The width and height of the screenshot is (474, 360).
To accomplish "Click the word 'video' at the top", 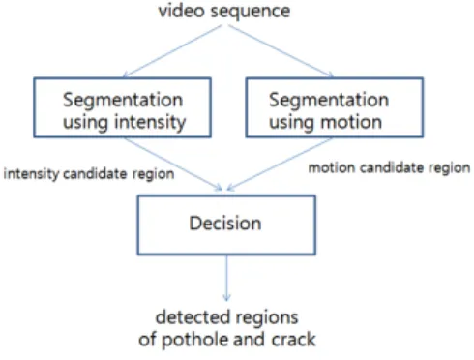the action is click(x=182, y=11).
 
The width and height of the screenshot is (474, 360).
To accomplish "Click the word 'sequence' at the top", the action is click(x=251, y=12).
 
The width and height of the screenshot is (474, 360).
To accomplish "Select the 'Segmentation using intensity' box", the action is click(x=123, y=107).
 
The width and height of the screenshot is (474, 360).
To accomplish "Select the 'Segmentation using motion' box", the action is click(x=335, y=107).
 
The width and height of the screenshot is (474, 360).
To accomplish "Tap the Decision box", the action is click(x=226, y=225).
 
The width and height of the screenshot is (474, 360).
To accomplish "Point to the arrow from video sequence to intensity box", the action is click(x=173, y=51).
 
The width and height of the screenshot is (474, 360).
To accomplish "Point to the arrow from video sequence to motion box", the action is click(x=281, y=51).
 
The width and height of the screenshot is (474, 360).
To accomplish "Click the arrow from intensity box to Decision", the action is click(x=173, y=164).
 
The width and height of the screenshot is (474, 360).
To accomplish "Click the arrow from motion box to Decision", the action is click(x=280, y=164).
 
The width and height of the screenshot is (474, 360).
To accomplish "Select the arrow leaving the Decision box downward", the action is click(x=226, y=278).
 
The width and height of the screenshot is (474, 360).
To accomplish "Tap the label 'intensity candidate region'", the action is click(x=89, y=174).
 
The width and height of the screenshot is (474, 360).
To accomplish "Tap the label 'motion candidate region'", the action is click(x=389, y=168).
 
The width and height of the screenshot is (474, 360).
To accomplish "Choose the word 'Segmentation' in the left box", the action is click(x=123, y=100).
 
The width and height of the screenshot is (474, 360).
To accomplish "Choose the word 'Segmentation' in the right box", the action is click(x=329, y=100).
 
